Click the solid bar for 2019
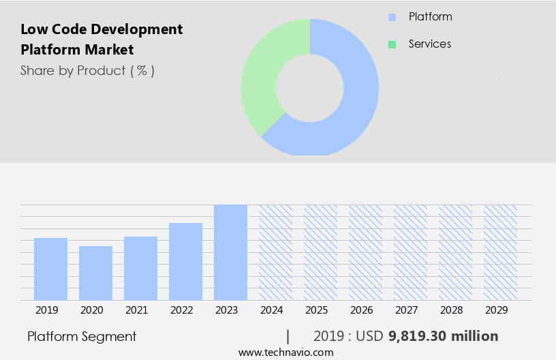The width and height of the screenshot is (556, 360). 50,269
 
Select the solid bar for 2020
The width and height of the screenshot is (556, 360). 95,273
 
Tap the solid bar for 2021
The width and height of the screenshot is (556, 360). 140,269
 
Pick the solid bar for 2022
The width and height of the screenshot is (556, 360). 185,262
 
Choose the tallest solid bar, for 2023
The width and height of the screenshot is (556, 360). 230,252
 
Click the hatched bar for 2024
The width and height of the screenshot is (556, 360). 275,252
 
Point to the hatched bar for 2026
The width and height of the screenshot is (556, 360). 365,252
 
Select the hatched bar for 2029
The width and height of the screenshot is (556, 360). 500,252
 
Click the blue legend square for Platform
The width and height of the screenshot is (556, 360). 392,17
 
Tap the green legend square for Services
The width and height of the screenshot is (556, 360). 392,44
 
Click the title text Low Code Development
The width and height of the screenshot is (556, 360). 102,29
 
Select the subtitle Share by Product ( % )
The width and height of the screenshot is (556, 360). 87,70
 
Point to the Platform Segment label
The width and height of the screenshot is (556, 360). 82,336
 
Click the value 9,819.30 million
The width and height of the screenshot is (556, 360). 443,336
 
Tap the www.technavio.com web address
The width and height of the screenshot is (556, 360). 285,352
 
